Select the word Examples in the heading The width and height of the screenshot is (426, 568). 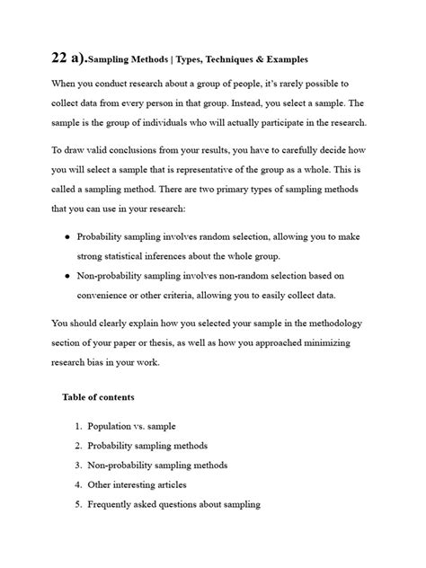click(284, 60)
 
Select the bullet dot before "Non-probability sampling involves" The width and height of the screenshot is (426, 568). click(68, 277)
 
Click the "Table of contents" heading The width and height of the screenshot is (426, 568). click(98, 396)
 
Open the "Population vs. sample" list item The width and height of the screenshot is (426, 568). click(138, 425)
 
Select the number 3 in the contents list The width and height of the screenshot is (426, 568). click(79, 465)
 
